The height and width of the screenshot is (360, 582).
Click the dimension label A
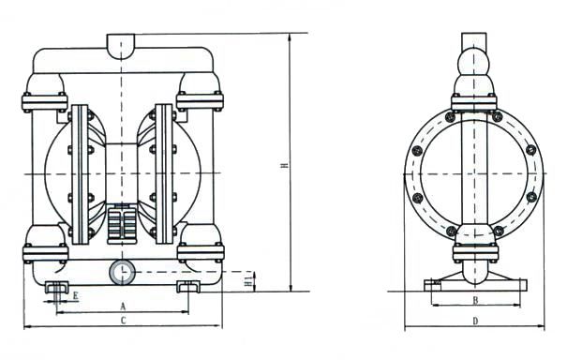click(x=123, y=307)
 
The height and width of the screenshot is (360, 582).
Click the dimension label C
click(x=124, y=321)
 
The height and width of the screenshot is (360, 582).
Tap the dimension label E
click(x=75, y=296)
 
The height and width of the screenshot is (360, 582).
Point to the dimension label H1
click(x=248, y=279)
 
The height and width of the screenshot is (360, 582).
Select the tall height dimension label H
click(x=284, y=165)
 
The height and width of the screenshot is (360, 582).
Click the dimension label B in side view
click(x=475, y=300)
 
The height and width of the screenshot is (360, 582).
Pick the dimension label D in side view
click(x=475, y=321)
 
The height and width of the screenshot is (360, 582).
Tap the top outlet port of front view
click(x=121, y=45)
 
